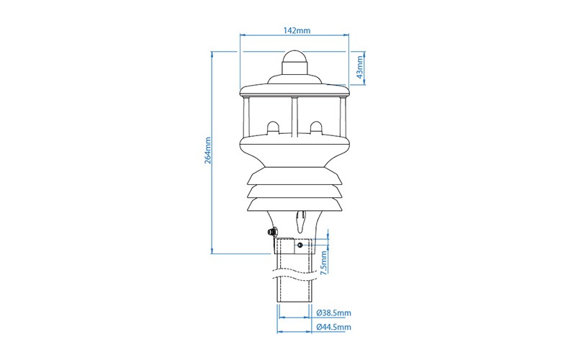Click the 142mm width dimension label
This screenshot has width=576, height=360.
[297, 30]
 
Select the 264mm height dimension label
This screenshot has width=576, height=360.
[208, 150]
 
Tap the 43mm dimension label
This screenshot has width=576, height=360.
[361, 68]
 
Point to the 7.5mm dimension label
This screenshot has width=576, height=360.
[324, 263]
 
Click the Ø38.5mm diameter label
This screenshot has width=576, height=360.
[333, 313]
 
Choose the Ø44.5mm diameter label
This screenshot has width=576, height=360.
[333, 327]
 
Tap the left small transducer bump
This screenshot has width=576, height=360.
[274, 127]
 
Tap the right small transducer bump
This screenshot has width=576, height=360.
[315, 127]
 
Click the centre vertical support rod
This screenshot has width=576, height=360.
[294, 117]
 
